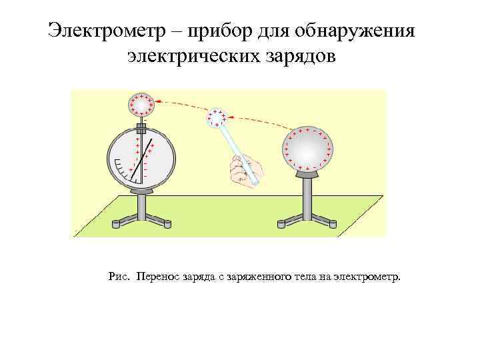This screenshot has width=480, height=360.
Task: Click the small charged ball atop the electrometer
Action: (141, 105)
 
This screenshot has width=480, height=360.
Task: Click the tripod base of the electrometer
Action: (141, 214)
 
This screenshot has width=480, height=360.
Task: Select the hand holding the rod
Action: (243, 169)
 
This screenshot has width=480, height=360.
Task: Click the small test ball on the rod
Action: (216, 118)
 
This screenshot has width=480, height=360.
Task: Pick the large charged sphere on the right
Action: (307, 149)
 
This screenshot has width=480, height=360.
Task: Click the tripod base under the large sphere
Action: (307, 216)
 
